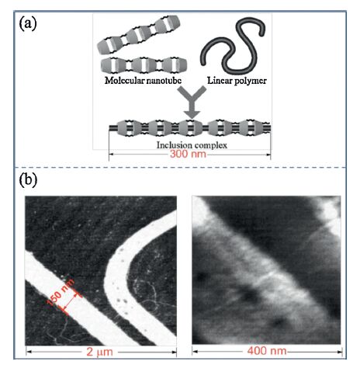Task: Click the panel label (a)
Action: [28, 24]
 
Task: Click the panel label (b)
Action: [28, 179]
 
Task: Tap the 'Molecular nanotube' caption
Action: [143, 81]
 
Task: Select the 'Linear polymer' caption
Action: [237, 81]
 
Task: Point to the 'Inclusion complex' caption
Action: [192, 145]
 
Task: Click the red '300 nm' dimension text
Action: [188, 154]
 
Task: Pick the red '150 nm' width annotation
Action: [61, 292]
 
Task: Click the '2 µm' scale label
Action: [99, 352]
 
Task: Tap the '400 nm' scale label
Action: [267, 351]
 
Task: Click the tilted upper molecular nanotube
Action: [139, 34]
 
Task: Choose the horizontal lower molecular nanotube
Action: [144, 64]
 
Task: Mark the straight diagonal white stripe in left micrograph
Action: [85, 303]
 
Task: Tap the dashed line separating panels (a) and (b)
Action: [180, 168]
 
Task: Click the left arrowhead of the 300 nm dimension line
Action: [111, 155]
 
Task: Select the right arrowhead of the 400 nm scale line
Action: [339, 352]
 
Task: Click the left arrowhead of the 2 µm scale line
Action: [29, 352]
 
